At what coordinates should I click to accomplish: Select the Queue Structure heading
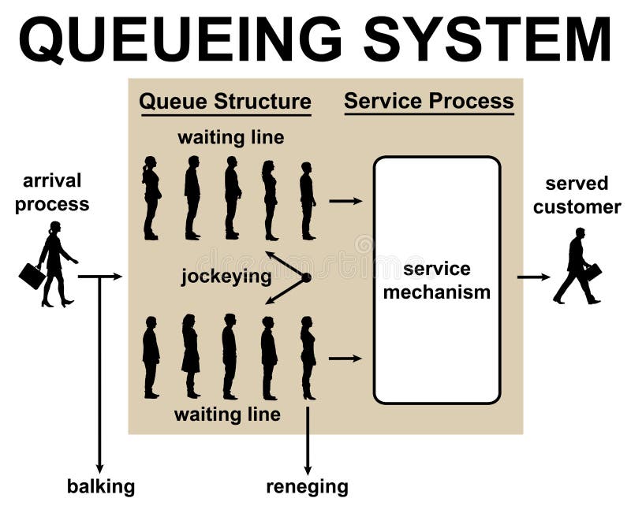(225, 102)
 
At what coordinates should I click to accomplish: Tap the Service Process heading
(428, 101)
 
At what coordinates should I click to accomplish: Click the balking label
(100, 486)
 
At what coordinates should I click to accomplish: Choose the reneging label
(307, 486)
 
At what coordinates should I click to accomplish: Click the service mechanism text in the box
(436, 281)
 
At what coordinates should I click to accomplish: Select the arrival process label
(52, 192)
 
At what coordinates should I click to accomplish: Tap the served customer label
(577, 195)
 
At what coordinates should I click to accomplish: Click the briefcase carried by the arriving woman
(32, 276)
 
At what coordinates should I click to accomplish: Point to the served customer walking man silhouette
(576, 266)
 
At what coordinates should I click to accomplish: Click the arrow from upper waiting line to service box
(345, 201)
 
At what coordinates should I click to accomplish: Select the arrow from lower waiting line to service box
(345, 359)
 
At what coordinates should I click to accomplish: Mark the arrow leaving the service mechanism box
(534, 277)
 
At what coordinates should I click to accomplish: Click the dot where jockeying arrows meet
(306, 277)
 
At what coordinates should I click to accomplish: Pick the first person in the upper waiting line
(308, 200)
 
